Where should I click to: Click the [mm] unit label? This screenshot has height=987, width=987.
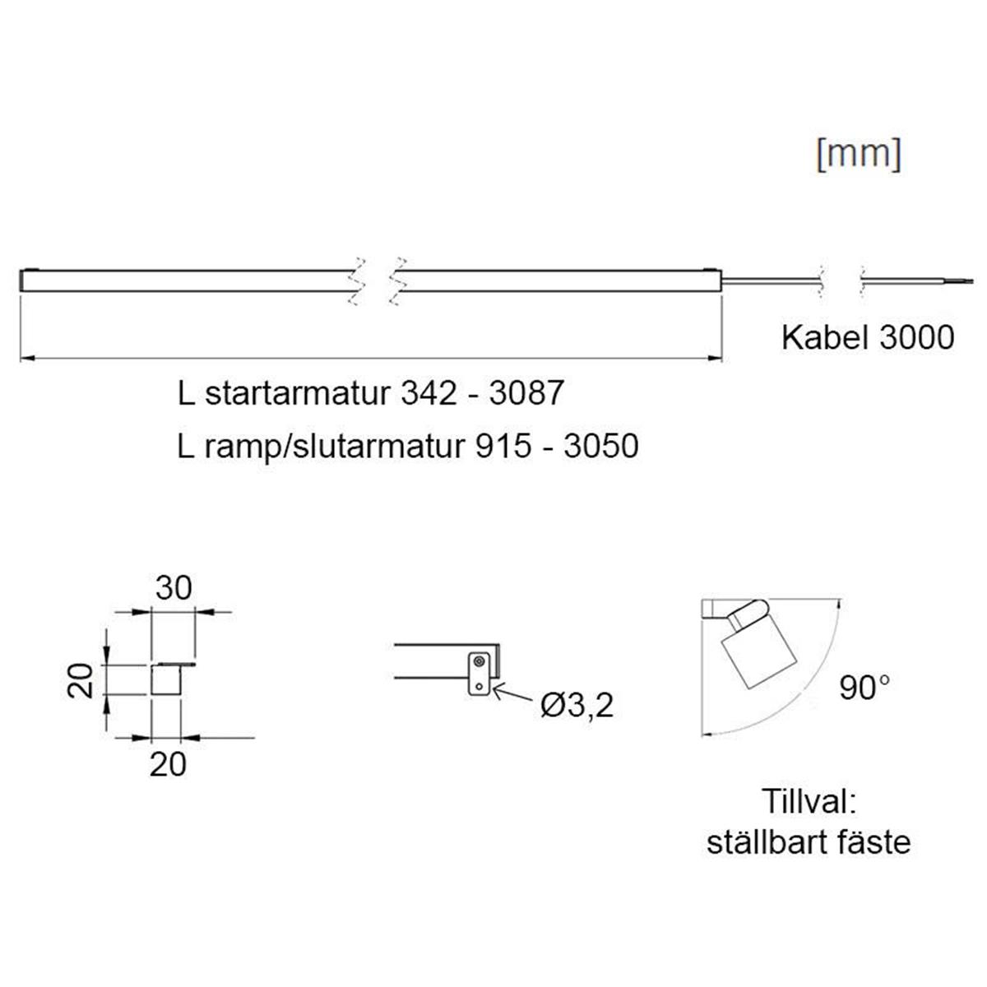coord(859,155)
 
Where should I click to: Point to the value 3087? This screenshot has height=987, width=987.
coord(526,393)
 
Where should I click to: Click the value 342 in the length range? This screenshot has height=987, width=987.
coord(429,393)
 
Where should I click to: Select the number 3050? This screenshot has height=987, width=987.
coord(601,446)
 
